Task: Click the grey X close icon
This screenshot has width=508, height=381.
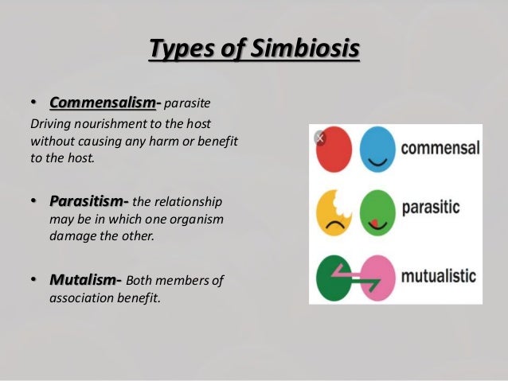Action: tap(320, 138)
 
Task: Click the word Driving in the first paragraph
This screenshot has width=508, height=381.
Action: tap(49, 126)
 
